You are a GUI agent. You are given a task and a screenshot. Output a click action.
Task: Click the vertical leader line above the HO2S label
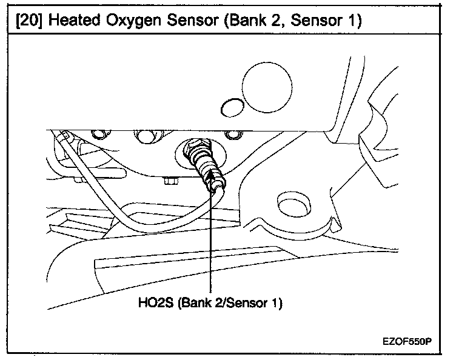pos(210,242)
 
